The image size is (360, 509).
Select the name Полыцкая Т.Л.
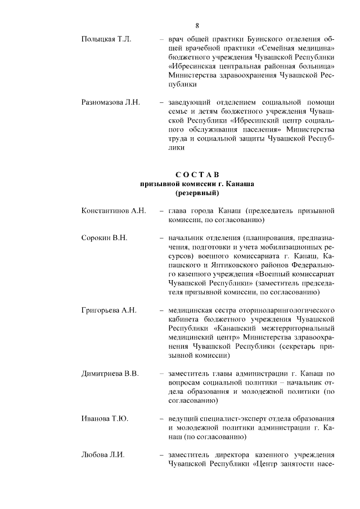(x=106, y=39)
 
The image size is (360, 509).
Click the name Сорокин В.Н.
(x=105, y=238)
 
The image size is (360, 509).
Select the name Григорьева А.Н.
(x=109, y=310)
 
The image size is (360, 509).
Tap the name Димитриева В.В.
(x=110, y=373)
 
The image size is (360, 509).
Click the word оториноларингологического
(x=280, y=310)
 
